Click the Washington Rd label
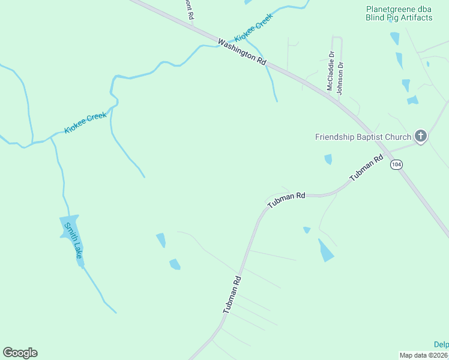tap(242, 52)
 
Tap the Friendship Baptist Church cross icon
tap(421, 137)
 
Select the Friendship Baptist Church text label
tap(363, 137)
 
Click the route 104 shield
tap(395, 164)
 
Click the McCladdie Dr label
tap(330, 71)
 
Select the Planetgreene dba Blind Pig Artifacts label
tap(399, 13)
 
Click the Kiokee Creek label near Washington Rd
tap(253, 27)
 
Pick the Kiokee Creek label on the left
tap(85, 123)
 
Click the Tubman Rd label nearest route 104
tap(366, 169)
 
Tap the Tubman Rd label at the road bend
tap(286, 200)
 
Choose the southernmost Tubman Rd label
tap(232, 295)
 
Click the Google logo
tap(20, 353)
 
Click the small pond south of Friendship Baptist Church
tap(328, 159)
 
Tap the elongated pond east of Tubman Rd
tap(325, 250)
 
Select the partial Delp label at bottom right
tap(441, 344)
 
